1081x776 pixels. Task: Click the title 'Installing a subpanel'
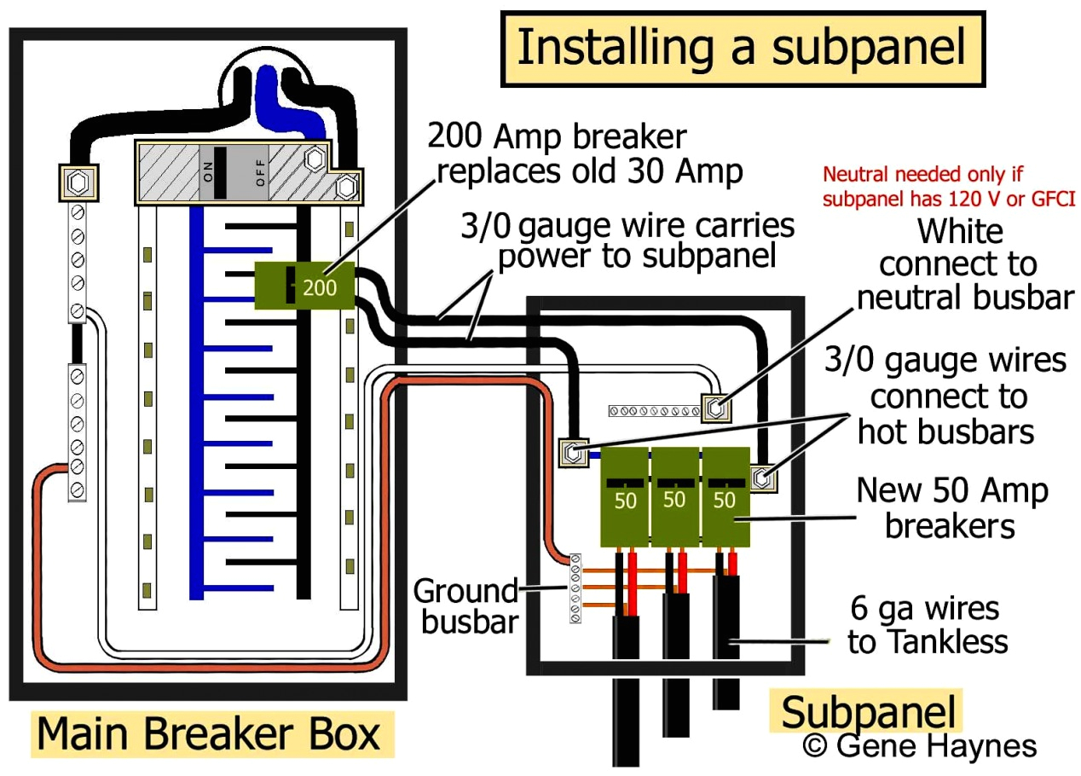(x=742, y=49)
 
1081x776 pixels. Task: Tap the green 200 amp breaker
(x=304, y=286)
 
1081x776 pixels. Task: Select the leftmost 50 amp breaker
(x=626, y=496)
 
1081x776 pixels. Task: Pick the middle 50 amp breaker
(x=675, y=496)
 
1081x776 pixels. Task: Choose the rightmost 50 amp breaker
(x=725, y=496)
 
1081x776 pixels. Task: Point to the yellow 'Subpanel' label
(x=864, y=712)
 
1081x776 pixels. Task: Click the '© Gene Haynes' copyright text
(x=919, y=746)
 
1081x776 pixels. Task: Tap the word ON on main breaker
(x=207, y=173)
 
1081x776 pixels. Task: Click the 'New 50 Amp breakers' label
(x=951, y=508)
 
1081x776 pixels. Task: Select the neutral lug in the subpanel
(x=715, y=408)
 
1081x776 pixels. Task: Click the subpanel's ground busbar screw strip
(x=575, y=588)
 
